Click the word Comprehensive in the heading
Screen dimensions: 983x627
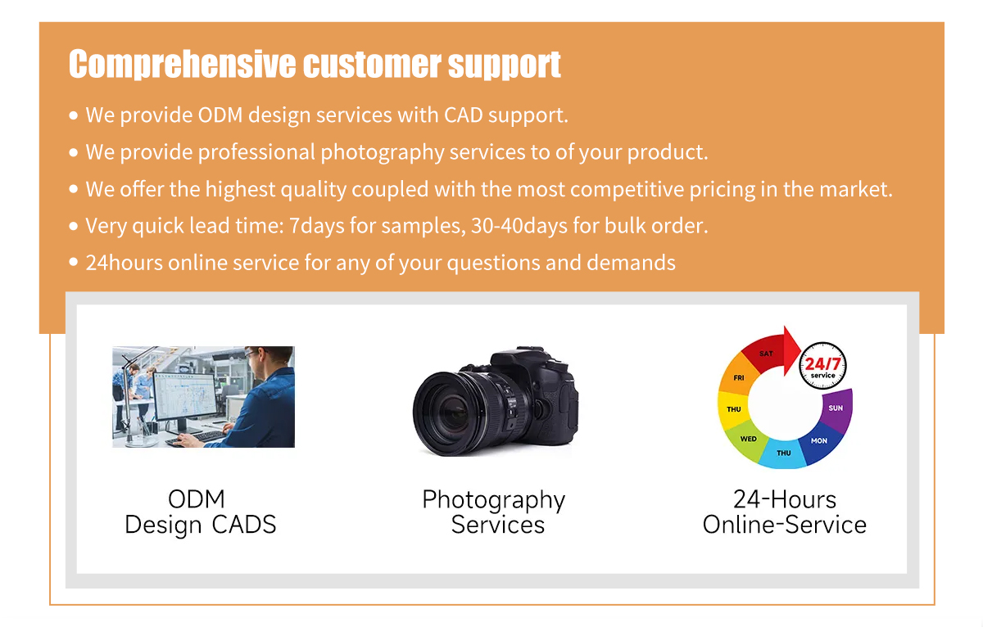click(x=182, y=65)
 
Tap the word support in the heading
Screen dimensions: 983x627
click(x=505, y=65)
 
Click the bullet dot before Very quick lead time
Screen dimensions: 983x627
click(x=74, y=226)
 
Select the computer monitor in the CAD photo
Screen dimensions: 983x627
click(x=185, y=396)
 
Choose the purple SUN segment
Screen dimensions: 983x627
click(x=836, y=409)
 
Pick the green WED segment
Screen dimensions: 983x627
click(x=747, y=440)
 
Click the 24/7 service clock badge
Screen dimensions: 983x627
click(x=822, y=366)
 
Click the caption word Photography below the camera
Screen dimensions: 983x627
click(x=494, y=501)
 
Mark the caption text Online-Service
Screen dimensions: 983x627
click(x=785, y=525)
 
